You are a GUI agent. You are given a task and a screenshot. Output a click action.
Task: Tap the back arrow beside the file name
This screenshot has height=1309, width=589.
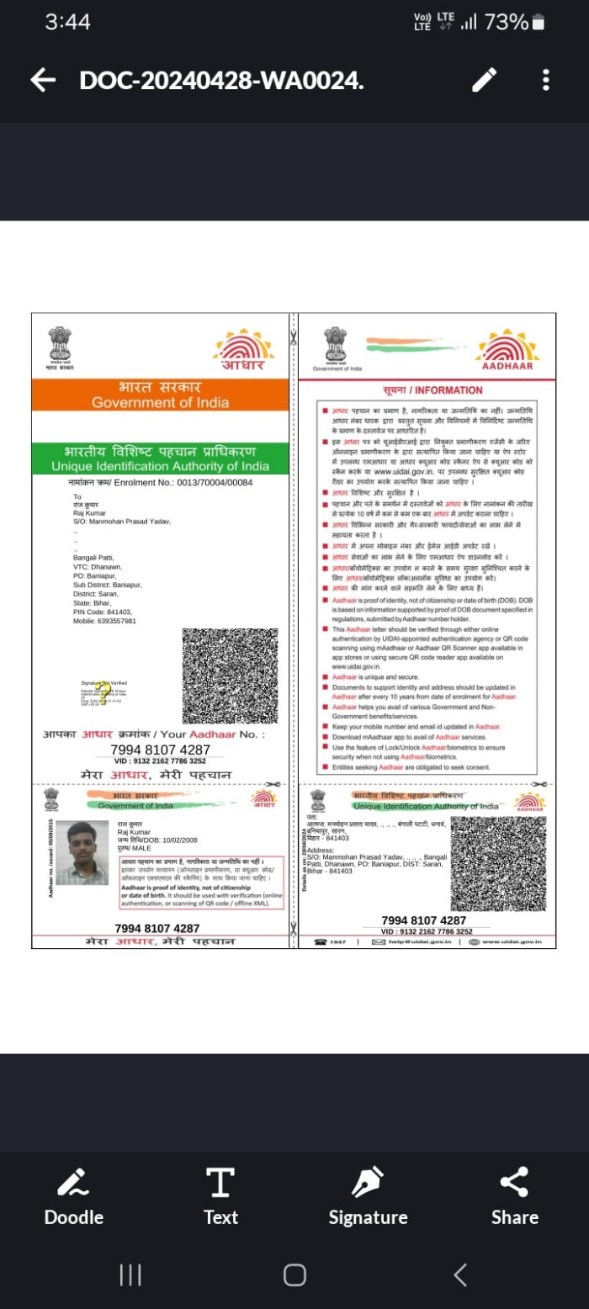pos(43,80)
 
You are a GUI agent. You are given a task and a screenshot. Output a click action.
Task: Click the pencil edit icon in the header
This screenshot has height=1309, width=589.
pos(484,80)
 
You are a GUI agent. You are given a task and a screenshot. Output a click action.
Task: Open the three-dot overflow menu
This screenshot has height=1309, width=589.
pos(546,80)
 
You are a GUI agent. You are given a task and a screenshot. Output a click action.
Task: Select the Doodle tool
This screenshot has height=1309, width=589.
pos(74,1197)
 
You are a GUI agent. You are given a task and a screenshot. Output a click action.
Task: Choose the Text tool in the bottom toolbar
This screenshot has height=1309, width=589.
pos(220,1197)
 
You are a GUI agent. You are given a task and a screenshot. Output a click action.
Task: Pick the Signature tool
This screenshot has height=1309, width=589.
pos(368,1197)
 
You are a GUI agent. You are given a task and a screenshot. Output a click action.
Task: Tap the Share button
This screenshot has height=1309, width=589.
pos(514,1197)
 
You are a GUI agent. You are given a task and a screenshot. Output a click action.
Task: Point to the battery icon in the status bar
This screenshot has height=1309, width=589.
pos(539,22)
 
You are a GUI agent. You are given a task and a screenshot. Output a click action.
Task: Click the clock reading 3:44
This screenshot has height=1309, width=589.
pos(67,22)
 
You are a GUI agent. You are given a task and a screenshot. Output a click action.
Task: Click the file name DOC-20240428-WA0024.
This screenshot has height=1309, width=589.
pos(222,80)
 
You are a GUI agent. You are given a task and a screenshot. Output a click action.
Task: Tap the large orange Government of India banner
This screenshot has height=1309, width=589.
pos(160,395)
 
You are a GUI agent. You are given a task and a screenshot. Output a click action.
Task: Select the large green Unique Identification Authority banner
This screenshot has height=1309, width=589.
pos(160,458)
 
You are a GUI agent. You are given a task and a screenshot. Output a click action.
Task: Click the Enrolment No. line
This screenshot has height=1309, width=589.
pos(160,483)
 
